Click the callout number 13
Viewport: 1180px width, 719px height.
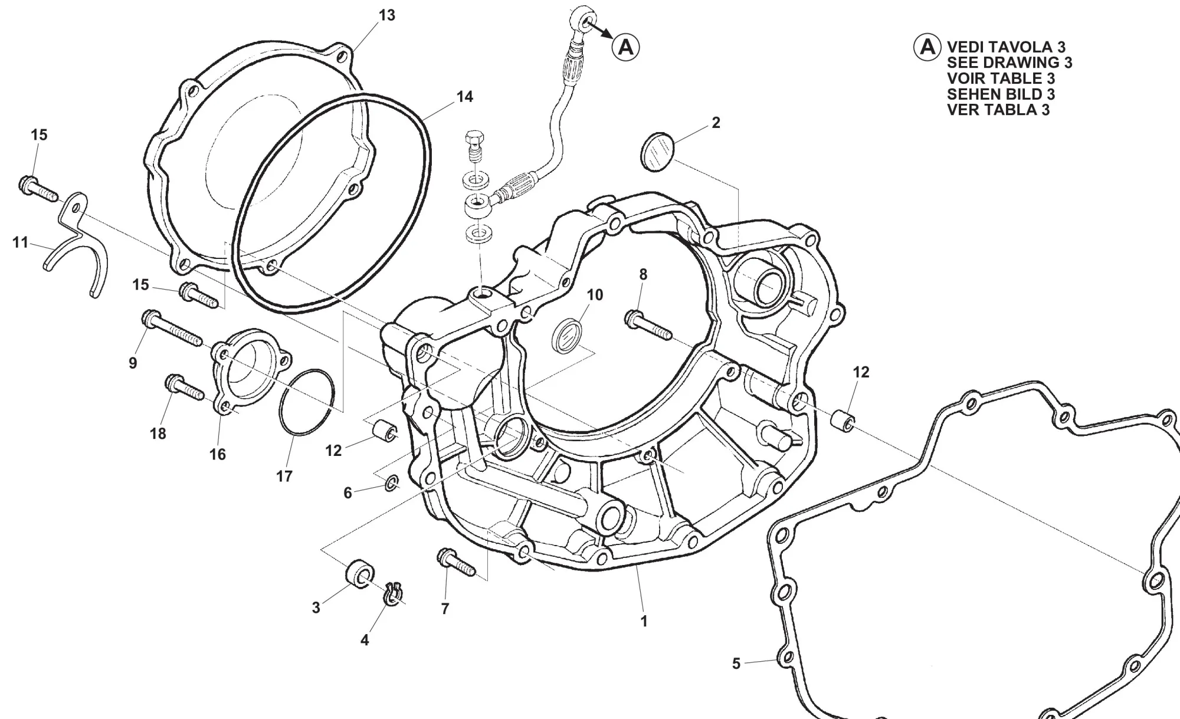[386, 15]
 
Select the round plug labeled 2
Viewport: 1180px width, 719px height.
[657, 153]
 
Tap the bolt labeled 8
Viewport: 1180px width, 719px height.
[648, 325]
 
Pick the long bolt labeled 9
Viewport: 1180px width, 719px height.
[172, 328]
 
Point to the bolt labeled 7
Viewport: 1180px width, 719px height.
[456, 562]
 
